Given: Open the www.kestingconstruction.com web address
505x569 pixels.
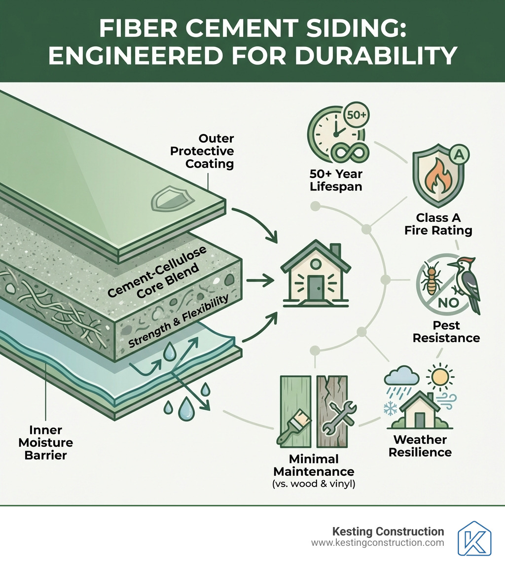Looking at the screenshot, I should (377, 543).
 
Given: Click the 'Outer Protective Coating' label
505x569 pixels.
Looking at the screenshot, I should (202, 151).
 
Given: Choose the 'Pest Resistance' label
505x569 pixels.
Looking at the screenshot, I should (446, 332).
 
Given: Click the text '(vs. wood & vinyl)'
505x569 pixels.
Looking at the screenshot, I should (314, 484).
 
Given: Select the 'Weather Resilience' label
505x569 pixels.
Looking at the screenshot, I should (420, 446).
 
